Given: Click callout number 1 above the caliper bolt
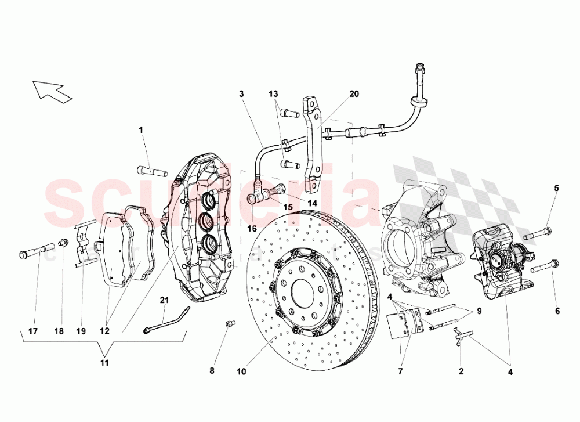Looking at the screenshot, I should click(140, 129).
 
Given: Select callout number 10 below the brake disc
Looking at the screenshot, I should click(241, 370).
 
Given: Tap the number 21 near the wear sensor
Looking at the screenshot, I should click(165, 300).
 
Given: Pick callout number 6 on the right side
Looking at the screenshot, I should click(557, 311).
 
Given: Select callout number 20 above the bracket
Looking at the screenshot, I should click(354, 94).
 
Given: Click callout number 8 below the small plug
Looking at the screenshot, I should click(212, 370).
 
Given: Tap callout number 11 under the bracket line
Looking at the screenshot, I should click(105, 363).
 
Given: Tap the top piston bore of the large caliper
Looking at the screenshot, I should click(208, 201).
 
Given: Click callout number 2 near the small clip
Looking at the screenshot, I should click(461, 370).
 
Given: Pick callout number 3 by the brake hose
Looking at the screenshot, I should click(241, 93).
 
